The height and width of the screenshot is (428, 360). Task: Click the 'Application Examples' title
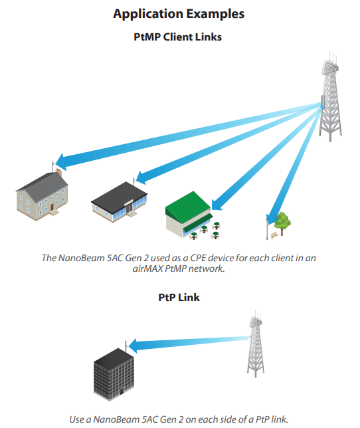(179, 14)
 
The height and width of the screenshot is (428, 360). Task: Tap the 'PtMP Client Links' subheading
(177, 37)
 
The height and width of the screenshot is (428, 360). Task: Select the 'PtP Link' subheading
(179, 297)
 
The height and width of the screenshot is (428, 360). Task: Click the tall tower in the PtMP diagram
(330, 97)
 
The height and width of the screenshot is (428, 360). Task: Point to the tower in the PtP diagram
(256, 344)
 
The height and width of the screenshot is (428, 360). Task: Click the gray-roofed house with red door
(43, 195)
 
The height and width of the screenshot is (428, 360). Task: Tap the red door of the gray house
(52, 207)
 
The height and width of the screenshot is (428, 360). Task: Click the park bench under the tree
(274, 235)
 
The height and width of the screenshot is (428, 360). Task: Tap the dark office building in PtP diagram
(114, 375)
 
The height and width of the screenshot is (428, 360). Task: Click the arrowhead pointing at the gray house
(60, 160)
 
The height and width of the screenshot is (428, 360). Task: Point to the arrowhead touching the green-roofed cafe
(217, 204)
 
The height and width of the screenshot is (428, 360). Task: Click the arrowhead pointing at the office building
(134, 346)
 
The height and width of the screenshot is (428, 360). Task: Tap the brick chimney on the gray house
(58, 173)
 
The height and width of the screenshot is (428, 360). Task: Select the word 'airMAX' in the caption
(147, 269)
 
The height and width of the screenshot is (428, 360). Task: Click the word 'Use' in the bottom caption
(76, 419)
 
